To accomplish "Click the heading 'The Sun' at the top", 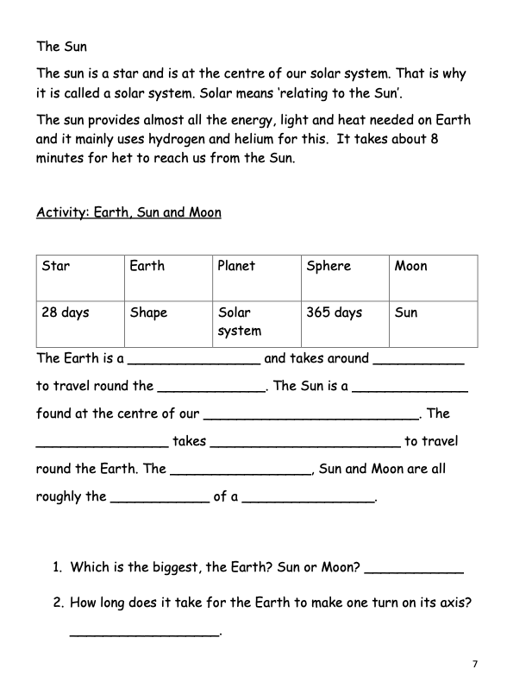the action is pos(61,47).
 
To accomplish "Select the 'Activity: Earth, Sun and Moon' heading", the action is pos(128,212).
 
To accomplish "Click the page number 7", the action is pos(474,663).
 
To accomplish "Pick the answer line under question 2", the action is pos(145,635).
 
